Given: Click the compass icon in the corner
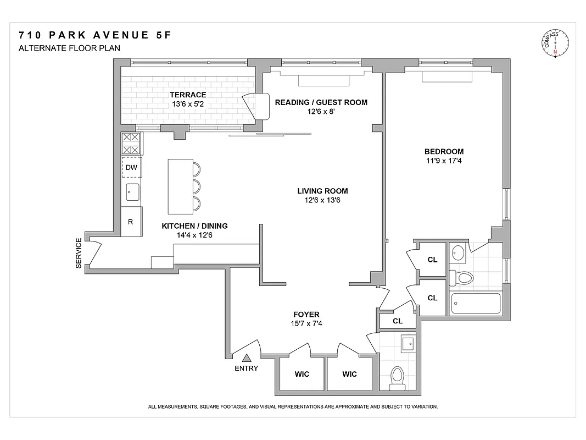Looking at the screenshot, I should tap(555, 44).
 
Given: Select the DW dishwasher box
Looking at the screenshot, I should tap(131, 167).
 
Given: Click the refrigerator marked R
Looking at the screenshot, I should tap(131, 222).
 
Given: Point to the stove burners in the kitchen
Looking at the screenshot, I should tap(131, 143).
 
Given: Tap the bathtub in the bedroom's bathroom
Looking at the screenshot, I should tap(475, 304).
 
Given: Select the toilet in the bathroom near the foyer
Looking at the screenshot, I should tap(397, 378).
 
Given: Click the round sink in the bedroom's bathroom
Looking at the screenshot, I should tap(457, 254).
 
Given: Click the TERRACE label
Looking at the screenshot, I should tap(188, 95).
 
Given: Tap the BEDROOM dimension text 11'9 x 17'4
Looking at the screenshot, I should tap(444, 161).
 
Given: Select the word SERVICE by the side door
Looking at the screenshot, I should tap(79, 253).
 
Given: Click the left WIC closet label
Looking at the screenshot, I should tap(302, 374).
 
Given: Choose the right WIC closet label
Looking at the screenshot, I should tap(349, 374).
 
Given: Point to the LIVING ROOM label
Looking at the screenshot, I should tap(322, 191).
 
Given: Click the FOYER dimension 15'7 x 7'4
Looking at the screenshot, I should tap(306, 323).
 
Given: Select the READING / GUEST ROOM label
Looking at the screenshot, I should tap(321, 102).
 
